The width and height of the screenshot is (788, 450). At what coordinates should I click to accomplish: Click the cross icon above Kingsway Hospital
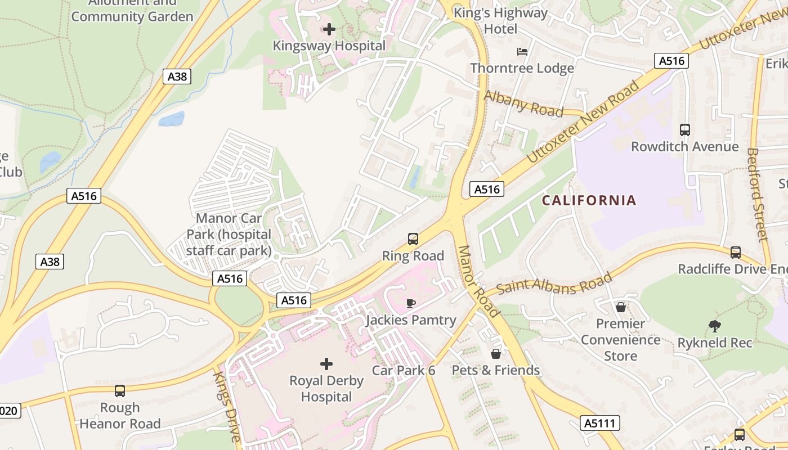(x=329, y=29)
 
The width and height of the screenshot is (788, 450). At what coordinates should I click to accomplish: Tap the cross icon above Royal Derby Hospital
(x=326, y=364)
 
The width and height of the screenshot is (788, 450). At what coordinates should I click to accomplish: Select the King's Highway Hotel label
(x=500, y=20)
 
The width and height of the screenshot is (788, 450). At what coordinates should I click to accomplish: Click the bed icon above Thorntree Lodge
(x=522, y=52)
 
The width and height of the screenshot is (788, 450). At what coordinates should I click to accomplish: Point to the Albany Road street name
(x=523, y=104)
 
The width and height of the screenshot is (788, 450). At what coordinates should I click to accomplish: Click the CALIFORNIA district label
(x=589, y=200)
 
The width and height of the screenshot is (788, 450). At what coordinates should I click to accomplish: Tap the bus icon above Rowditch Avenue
(x=685, y=130)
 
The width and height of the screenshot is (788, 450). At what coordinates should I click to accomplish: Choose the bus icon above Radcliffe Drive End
(x=736, y=253)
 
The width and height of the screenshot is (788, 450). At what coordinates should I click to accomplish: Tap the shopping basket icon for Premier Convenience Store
(x=620, y=307)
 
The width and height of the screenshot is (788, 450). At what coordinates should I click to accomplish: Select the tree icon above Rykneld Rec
(x=714, y=326)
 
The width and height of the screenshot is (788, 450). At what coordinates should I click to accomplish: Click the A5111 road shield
(x=600, y=423)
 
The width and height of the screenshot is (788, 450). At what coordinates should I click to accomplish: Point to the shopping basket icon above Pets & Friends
(x=496, y=354)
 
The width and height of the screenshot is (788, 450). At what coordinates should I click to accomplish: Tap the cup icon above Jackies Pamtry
(x=411, y=304)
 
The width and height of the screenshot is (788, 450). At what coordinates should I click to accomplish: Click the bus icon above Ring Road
(x=413, y=239)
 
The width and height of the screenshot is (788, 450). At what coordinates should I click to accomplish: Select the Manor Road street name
(x=478, y=281)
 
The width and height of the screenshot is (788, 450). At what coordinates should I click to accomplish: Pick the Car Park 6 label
(x=404, y=370)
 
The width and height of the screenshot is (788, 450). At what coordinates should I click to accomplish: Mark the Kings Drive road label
(x=227, y=405)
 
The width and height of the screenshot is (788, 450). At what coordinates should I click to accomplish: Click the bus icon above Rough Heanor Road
(x=119, y=391)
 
